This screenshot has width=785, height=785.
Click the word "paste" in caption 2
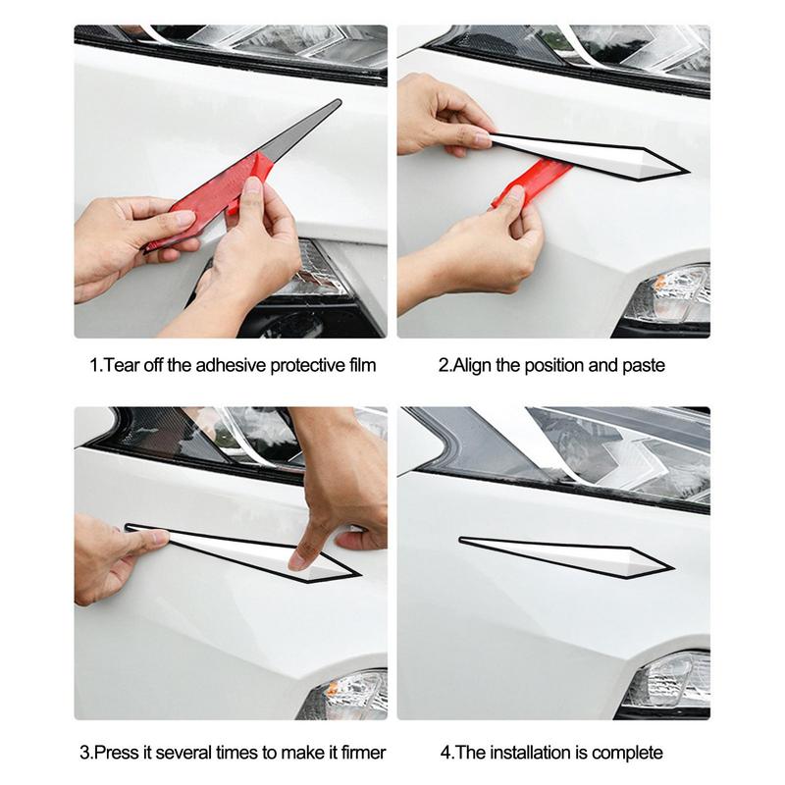(643, 366)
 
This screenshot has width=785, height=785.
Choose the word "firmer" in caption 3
(361, 754)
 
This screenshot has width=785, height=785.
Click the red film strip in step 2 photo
(535, 182)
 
